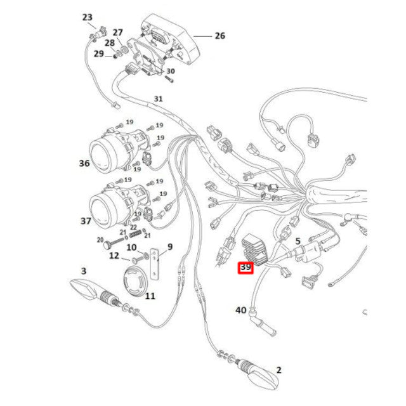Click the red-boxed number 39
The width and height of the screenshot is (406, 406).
[x=246, y=267]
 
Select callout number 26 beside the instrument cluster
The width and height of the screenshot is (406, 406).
[x=220, y=36]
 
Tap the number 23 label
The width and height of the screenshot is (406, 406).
[x=88, y=17]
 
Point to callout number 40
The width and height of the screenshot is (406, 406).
[x=240, y=310]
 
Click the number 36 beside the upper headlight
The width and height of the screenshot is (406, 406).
[x=84, y=163]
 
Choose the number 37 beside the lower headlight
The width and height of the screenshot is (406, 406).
[x=86, y=221]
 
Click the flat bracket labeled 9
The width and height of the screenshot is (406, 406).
[x=155, y=265]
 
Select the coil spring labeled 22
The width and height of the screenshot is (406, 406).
[x=135, y=234]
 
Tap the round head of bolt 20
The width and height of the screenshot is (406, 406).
[x=107, y=245]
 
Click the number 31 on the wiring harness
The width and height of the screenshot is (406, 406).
[x=158, y=99]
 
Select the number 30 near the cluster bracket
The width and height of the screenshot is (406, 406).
[x=171, y=71]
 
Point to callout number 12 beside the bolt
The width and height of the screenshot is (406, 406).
[x=114, y=256]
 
